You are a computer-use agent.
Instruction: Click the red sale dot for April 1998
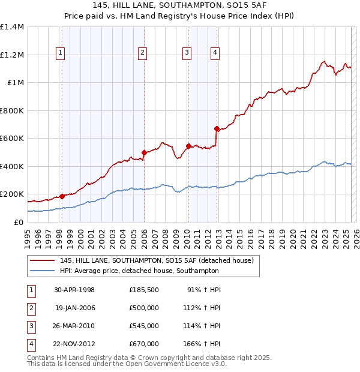62,196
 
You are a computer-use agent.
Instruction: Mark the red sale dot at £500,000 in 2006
144,152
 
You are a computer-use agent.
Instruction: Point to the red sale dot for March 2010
188,146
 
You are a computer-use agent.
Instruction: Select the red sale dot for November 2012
217,128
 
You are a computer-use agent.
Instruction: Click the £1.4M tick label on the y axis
12,27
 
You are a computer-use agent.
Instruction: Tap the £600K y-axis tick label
12,138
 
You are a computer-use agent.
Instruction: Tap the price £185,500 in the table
143,290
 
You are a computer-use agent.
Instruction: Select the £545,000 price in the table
143,326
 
